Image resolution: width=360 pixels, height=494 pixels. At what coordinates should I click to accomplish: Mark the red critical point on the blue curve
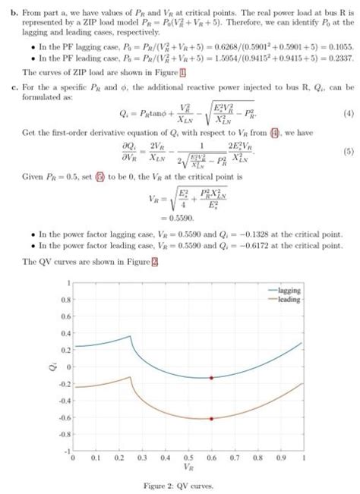pos(212,377)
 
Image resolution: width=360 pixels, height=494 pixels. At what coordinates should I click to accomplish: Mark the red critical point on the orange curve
pos(212,418)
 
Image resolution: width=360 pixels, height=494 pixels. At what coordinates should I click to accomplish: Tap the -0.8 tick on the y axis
pos(65,434)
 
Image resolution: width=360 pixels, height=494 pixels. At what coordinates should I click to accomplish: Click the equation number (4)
pos(349,114)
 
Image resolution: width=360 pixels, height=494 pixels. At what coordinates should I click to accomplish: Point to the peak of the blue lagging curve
pos(130,336)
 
